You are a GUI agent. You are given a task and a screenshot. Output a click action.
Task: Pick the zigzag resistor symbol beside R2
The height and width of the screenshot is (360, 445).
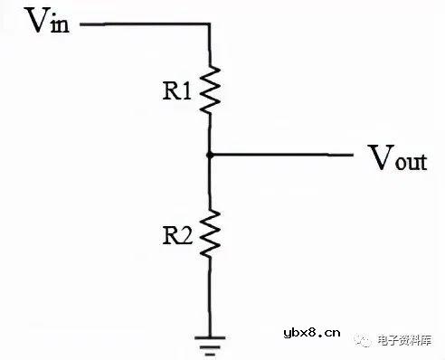tap(210, 234)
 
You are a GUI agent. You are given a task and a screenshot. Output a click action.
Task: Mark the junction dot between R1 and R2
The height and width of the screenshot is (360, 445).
tap(210, 155)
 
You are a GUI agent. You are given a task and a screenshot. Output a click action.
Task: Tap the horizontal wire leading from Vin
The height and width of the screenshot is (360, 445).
tap(145, 24)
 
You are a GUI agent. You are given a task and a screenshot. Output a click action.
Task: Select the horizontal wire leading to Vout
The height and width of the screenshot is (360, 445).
tap(280, 155)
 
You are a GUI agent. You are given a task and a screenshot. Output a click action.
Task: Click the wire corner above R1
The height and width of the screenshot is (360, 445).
tap(210, 24)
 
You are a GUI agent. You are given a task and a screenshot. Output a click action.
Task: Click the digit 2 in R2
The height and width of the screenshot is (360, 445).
tap(186, 234)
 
